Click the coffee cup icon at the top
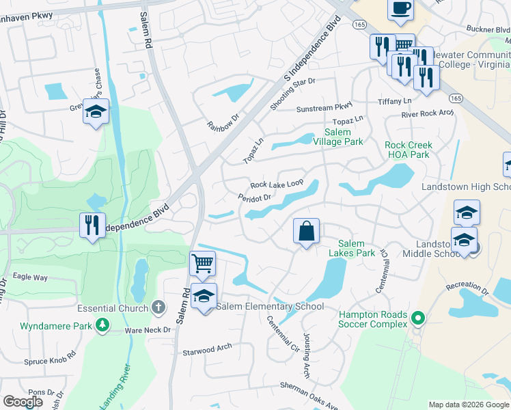pos(400,10)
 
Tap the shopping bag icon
pos(307,231)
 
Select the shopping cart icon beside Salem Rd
pos(202,263)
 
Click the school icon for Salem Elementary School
pos(204,297)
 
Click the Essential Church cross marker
pos(158,307)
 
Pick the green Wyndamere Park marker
pos(102,326)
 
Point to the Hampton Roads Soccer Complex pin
pos(419,318)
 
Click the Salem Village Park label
pos(337,137)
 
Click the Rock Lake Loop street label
pos(277,184)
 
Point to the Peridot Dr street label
pos(255,197)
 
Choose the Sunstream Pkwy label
pos(324,109)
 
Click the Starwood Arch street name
pos(207,351)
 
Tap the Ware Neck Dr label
pos(147,329)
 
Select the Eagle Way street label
pos(31,277)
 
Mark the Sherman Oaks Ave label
pos(309,396)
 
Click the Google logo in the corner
pos(23,402)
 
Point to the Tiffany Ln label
pos(395,101)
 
